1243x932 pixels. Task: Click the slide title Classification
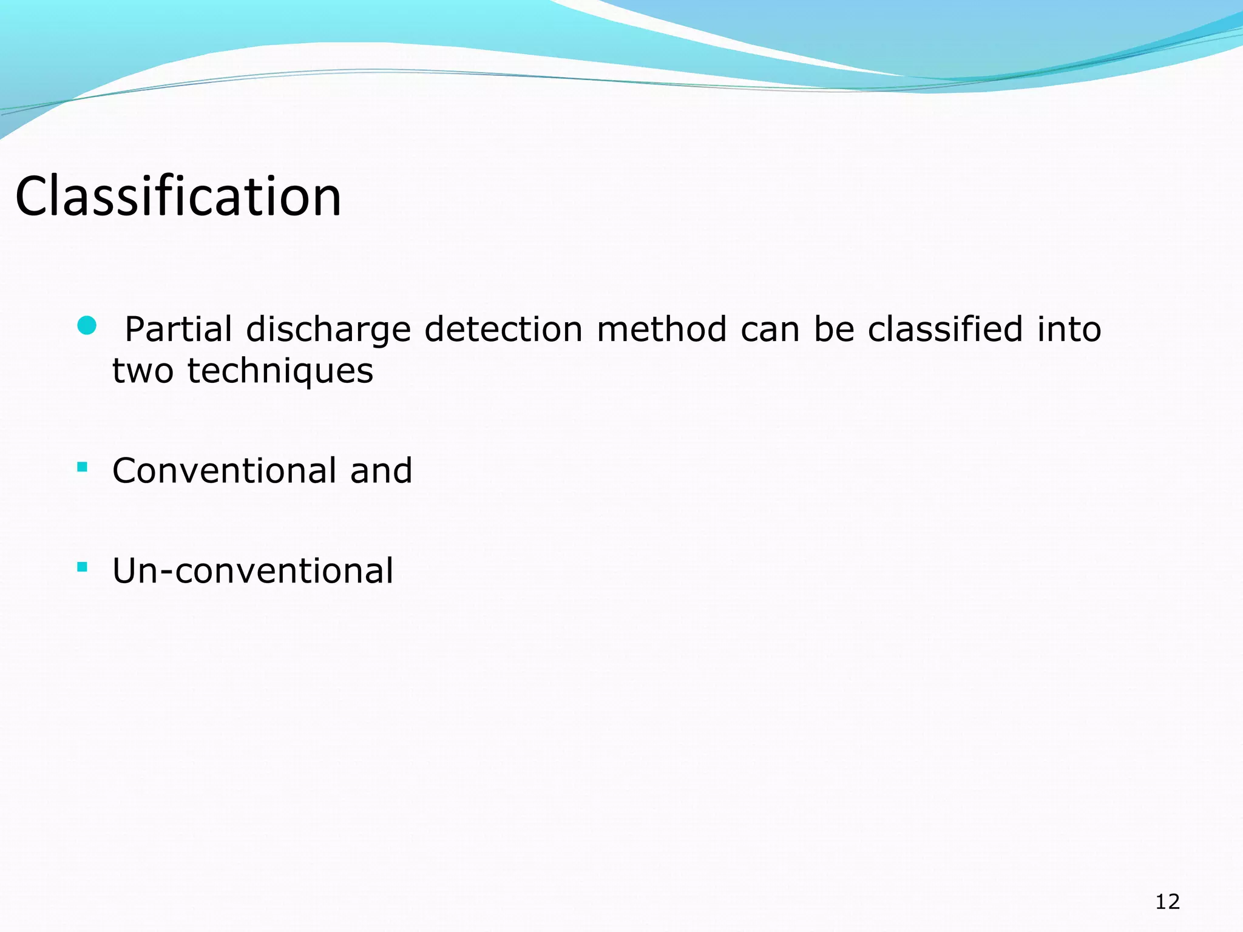click(178, 196)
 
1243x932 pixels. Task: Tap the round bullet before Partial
click(87, 326)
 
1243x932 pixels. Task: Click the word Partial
click(178, 329)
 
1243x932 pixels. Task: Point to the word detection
click(503, 329)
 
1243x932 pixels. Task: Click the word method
click(662, 329)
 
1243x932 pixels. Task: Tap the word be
click(833, 329)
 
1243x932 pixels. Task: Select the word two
click(143, 371)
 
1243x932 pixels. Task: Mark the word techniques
click(280, 372)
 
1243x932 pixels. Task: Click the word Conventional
click(224, 470)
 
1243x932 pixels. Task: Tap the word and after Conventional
click(381, 470)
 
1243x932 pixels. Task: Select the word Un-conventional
click(253, 571)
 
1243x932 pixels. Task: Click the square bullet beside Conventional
click(83, 467)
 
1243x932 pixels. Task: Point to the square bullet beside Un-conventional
click(83, 567)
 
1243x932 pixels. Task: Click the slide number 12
click(1167, 902)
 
